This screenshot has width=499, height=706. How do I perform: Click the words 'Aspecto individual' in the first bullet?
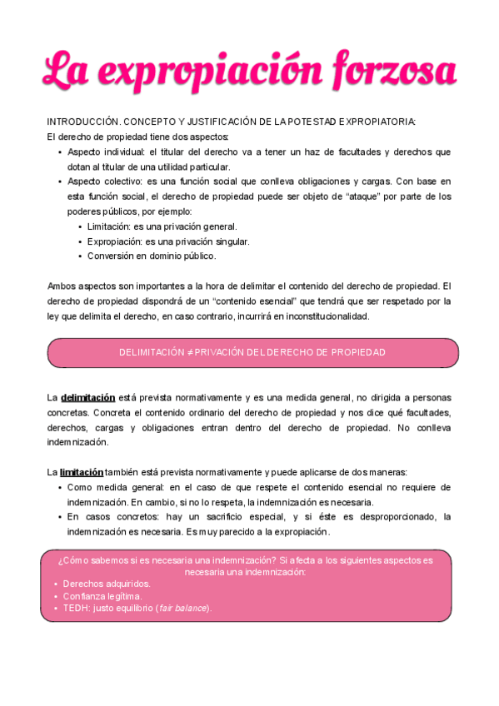(103, 152)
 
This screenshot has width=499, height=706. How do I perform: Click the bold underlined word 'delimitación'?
(87, 398)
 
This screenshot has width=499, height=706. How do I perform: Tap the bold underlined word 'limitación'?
(82, 472)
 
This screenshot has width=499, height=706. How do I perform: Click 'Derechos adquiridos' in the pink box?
(107, 584)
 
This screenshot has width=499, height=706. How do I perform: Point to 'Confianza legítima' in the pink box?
(102, 596)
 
